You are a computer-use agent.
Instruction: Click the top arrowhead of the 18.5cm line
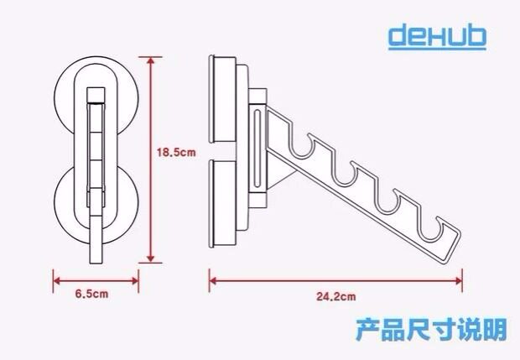(150, 61)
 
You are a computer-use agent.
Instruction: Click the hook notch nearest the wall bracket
(304, 143)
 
